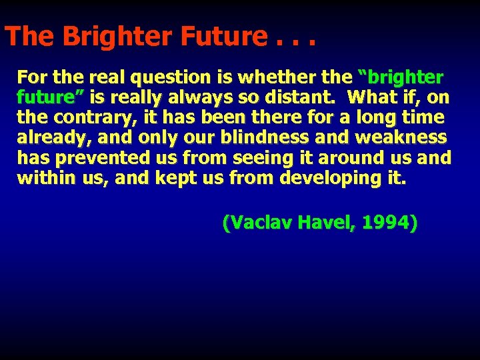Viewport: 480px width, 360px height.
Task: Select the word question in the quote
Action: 153,77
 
